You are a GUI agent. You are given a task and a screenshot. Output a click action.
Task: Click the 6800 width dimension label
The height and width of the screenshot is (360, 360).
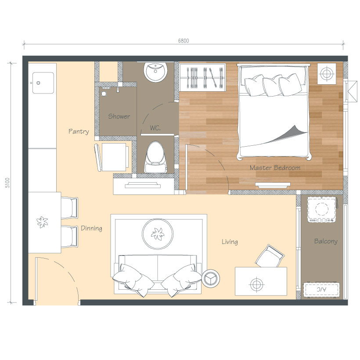coord(184,41)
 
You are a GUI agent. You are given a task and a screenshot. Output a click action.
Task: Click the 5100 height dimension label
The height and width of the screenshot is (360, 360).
coord(7,183)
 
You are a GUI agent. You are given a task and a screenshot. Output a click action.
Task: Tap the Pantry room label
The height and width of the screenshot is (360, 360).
coord(79,131)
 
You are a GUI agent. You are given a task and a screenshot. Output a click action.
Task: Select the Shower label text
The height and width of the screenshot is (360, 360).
coord(119,116)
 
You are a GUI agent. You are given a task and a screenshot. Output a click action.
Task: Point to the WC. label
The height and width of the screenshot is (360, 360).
coord(155,128)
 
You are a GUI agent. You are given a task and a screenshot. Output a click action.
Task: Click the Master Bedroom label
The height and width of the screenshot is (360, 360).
coord(275,168)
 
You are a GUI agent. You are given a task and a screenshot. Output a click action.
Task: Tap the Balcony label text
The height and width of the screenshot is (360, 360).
coord(326,241)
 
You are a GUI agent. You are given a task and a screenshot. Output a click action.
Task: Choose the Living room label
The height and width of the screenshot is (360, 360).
coord(230,242)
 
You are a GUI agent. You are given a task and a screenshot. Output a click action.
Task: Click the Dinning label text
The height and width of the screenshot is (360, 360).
coord(91,228)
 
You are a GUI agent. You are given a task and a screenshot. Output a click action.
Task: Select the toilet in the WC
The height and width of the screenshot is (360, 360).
coord(156,158)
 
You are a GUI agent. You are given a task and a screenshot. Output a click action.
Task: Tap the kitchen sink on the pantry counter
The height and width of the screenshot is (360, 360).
coord(43,83)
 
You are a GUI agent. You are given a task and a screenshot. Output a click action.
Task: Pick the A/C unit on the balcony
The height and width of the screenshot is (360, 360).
coord(321,289)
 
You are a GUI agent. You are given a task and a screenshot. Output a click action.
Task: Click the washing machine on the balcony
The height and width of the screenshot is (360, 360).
coord(322,209)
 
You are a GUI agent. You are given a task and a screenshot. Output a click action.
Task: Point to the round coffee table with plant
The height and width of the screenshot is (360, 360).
coord(158,234)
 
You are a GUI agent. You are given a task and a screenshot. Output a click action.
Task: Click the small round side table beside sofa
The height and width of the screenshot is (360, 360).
coord(211,278)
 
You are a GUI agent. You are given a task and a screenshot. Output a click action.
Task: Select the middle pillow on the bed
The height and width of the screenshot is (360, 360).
coord(272,86)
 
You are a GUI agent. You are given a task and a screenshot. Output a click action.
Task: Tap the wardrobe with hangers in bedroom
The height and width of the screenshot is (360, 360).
coord(202,77)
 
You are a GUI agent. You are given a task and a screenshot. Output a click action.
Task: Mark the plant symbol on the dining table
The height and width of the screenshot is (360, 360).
coord(43,222)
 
